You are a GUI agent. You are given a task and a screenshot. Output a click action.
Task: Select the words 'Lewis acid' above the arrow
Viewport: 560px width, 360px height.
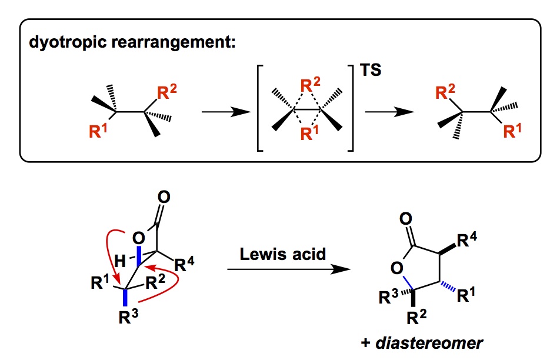pyautogui.click(x=283, y=255)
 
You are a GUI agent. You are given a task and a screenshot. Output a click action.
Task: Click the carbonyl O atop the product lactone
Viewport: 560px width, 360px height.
pyautogui.click(x=405, y=220)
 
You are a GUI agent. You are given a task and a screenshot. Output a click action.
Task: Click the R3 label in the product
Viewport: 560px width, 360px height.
pyautogui.click(x=387, y=299)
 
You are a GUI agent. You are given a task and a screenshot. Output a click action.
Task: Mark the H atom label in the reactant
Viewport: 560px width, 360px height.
pyautogui.click(x=120, y=258)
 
